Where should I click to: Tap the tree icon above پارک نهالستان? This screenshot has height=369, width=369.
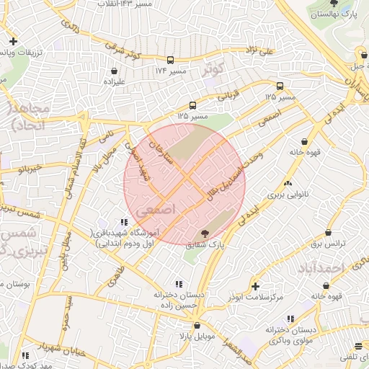pyautogui.click(x=333, y=3)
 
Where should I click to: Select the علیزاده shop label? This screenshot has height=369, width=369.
pyautogui.click(x=115, y=81)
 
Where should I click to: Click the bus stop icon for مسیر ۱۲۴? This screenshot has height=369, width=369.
pyautogui.click(x=171, y=61)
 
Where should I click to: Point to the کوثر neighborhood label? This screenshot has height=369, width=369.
pyautogui.click(x=215, y=68)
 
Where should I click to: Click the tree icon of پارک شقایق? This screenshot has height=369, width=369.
pyautogui.click(x=205, y=234)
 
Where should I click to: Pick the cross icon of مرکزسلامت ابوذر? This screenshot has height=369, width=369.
pyautogui.click(x=254, y=286)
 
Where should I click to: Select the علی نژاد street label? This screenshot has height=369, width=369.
pyautogui.click(x=260, y=50)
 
